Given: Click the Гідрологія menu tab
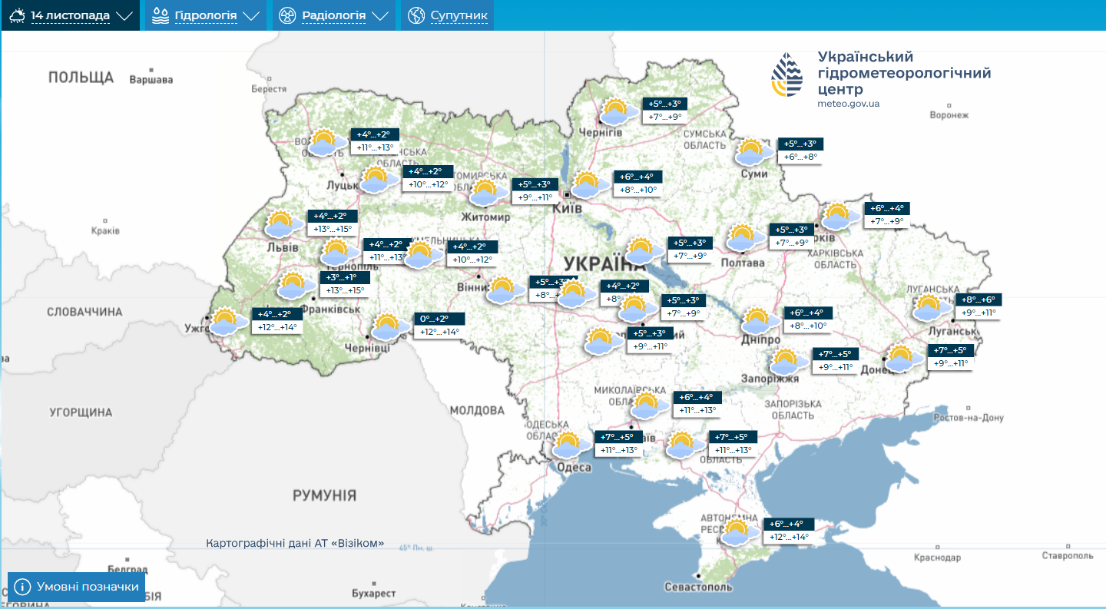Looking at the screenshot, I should coord(206,15).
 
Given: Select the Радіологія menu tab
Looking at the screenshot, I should coord(333,15).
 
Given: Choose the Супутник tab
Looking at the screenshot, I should coord(448,15).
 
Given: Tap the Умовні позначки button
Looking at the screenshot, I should coord(77,587).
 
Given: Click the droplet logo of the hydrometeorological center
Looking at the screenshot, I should coord(786,74).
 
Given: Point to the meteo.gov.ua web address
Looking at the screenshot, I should coord(849,104).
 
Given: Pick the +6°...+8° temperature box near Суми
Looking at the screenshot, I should coord(800,157).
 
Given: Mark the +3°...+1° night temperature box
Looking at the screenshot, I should coord(344,277).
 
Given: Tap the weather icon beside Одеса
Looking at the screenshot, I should coord(568,445).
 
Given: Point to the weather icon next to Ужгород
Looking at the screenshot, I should coord(224,320).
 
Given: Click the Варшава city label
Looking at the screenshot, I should coord(151,79).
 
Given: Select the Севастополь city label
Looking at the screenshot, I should coord(698,587).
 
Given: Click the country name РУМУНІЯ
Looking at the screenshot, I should coord(324,495).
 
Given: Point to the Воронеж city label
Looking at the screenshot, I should coord(949,115).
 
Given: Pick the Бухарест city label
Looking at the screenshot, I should coord(373,594).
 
